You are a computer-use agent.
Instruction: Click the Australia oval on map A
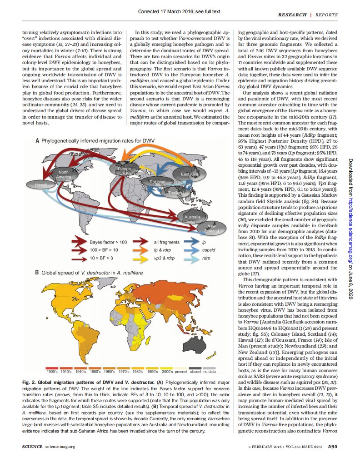click(x=191, y=217)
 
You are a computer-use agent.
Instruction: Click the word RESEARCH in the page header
click(x=293, y=15)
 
